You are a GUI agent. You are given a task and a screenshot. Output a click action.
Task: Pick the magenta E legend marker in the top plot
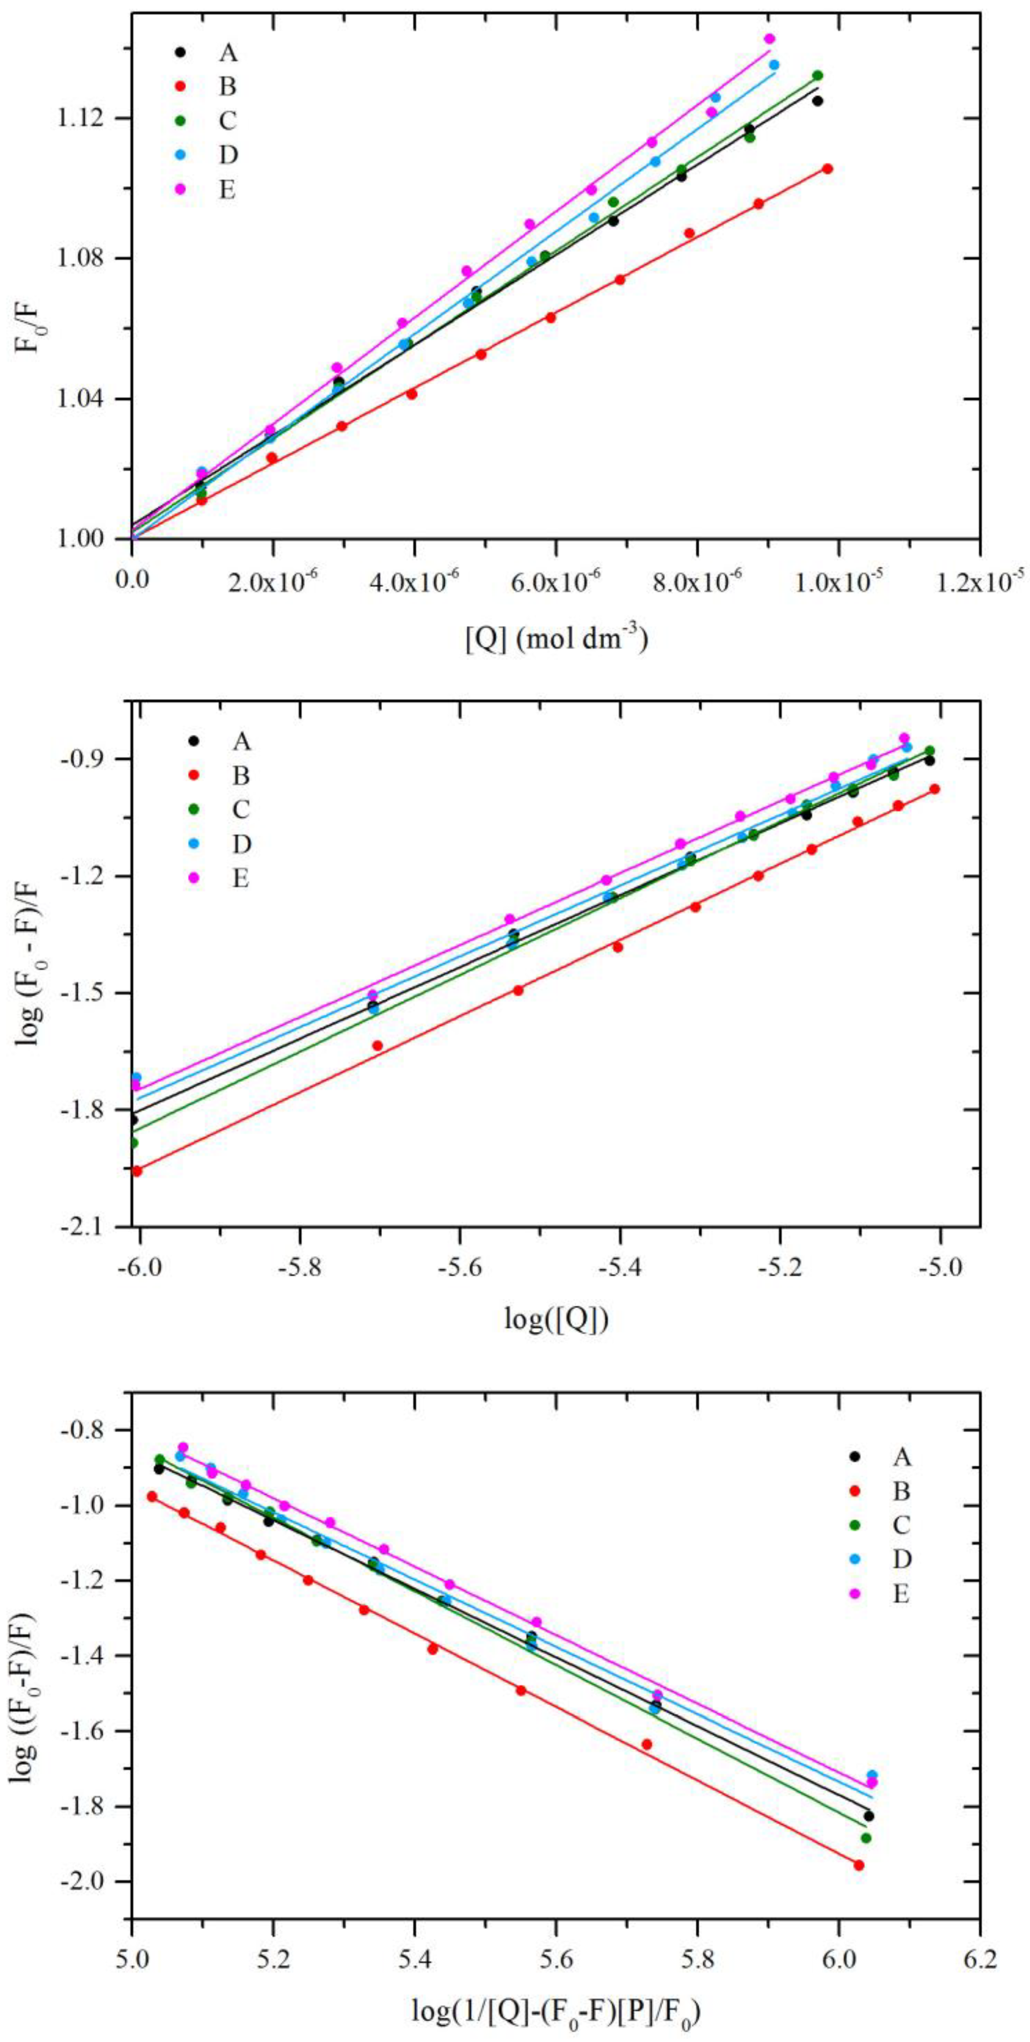tap(180, 189)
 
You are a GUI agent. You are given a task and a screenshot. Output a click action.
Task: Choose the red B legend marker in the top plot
tap(180, 85)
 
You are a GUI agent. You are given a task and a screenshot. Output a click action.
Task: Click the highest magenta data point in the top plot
tap(769, 39)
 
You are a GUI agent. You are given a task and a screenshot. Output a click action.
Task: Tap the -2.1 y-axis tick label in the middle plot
tap(93, 1227)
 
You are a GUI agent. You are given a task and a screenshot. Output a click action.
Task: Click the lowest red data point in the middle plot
tap(137, 1171)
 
